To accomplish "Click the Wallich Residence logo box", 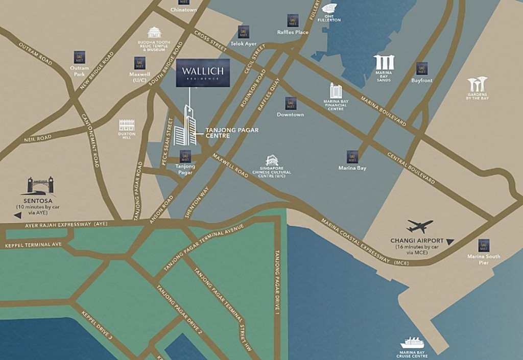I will (203, 73).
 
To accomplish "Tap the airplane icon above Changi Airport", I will (420, 225).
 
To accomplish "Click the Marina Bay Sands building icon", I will (384, 62).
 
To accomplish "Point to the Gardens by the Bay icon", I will (477, 84).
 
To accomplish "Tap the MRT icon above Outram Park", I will (79, 57).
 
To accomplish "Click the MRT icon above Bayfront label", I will (421, 68).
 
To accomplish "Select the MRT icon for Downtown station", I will (291, 103).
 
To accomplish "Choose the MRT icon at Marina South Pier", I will (484, 245).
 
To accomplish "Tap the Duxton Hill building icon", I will (127, 126).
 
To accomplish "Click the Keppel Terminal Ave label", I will (33, 245).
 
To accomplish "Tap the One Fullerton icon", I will (329, 9).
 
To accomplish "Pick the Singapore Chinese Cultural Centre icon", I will (272, 161).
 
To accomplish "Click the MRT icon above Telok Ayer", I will (244, 32).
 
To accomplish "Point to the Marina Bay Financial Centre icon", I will (336, 90).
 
